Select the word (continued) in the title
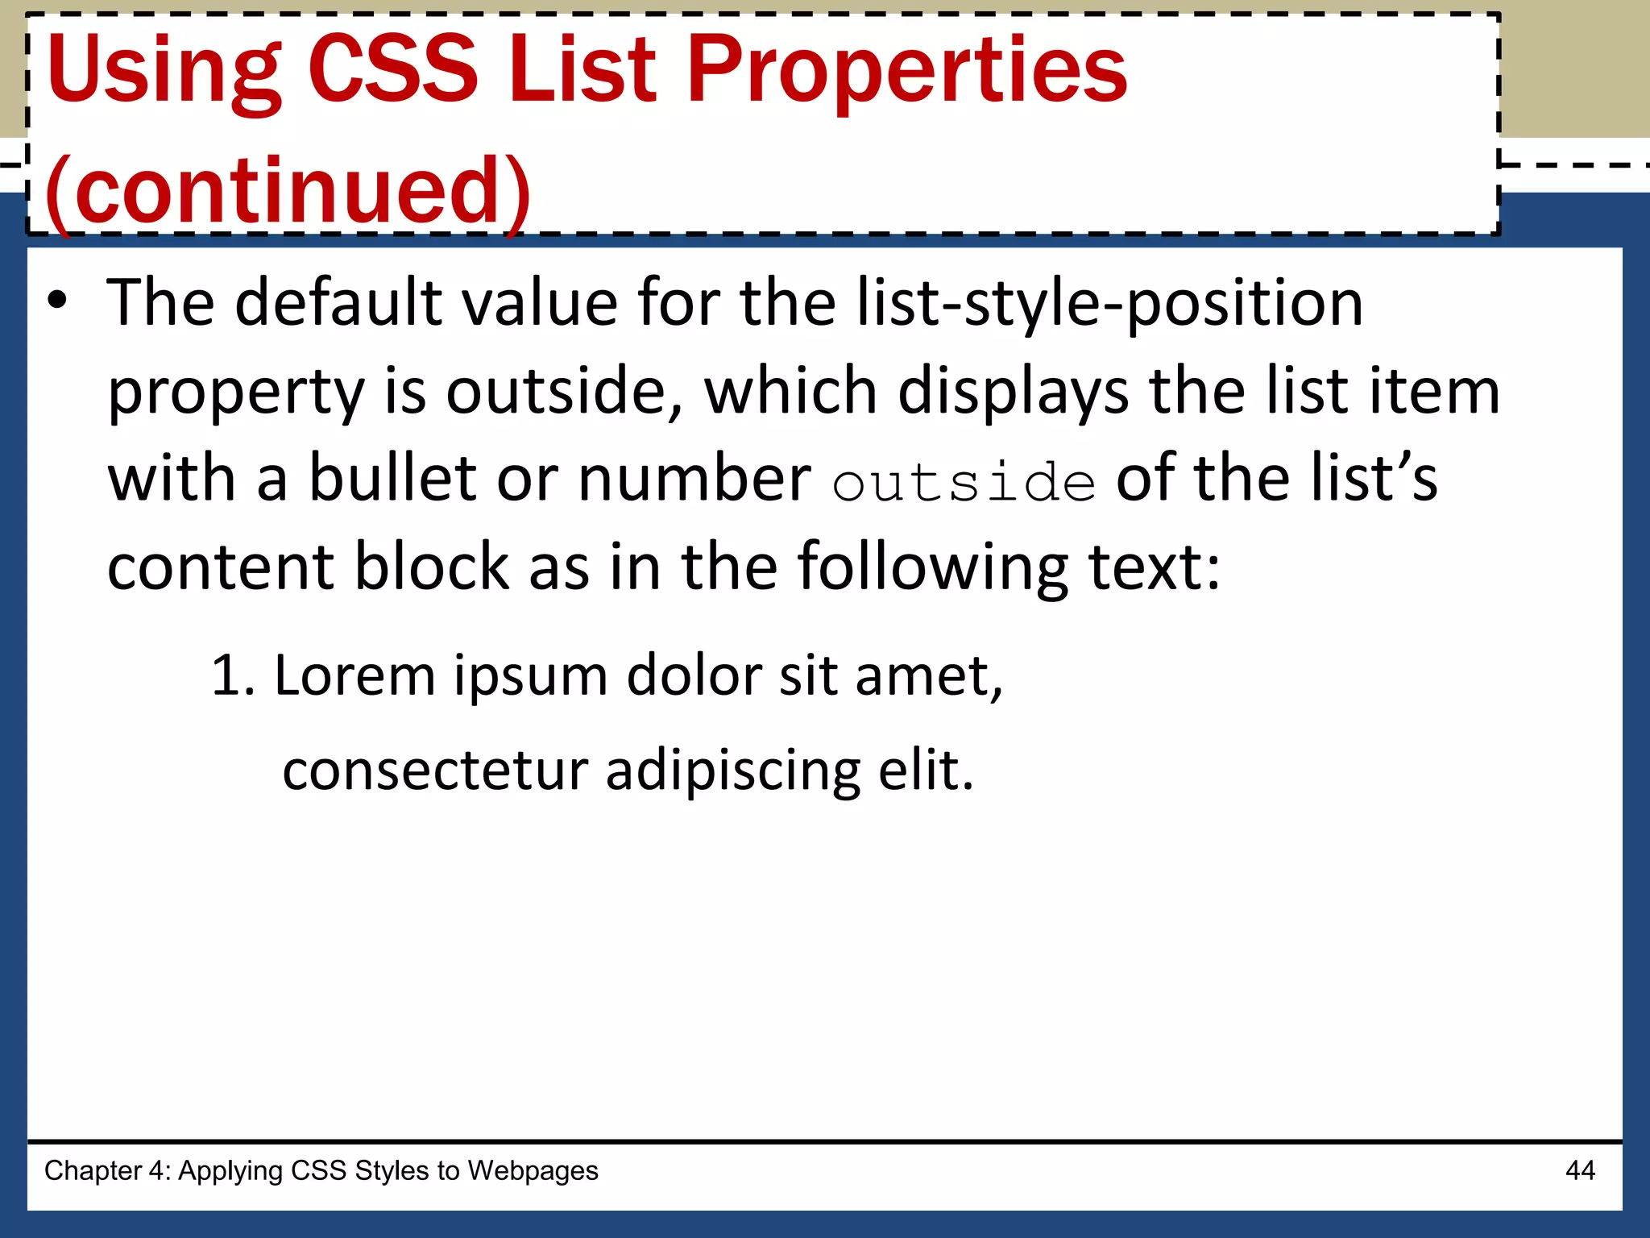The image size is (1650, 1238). tap(288, 192)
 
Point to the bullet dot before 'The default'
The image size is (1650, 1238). tap(57, 301)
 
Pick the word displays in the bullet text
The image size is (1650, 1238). tap(1013, 392)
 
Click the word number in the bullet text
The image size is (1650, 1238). tap(694, 479)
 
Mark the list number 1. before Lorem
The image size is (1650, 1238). tap(233, 675)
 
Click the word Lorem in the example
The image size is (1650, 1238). tap(354, 675)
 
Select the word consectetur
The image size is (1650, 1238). tap(435, 771)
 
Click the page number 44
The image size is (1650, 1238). tap(1580, 1170)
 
